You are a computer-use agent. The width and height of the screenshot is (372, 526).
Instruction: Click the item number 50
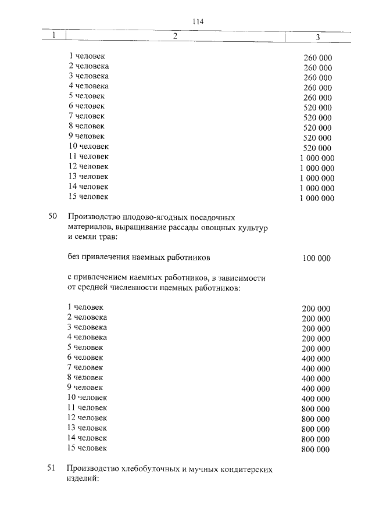click(x=52, y=217)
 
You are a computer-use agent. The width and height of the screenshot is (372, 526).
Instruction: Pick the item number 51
click(x=52, y=468)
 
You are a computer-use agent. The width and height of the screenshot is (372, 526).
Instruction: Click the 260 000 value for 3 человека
click(x=318, y=78)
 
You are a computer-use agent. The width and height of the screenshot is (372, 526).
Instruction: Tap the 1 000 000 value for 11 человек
click(x=317, y=158)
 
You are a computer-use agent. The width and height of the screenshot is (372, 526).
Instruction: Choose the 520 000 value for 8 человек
click(x=318, y=128)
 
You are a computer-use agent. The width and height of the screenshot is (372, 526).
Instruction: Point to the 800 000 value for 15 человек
click(x=316, y=450)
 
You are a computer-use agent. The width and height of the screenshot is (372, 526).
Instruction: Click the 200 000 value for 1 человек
click(x=316, y=309)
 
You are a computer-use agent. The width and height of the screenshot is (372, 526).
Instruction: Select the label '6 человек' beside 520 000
click(x=86, y=106)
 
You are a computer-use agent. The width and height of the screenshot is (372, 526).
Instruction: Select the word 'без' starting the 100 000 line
click(x=74, y=256)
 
